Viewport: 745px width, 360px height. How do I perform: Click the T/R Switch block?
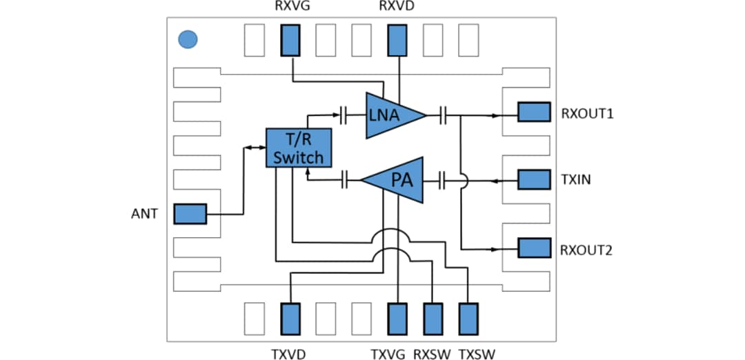pyautogui.click(x=298, y=148)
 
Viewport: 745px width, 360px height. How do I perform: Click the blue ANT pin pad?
pyautogui.click(x=190, y=214)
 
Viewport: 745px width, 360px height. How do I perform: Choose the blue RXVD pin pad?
pyautogui.click(x=397, y=40)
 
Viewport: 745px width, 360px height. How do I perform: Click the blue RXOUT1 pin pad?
pyautogui.click(x=533, y=112)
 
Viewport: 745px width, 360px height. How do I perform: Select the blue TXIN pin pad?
pyautogui.click(x=533, y=180)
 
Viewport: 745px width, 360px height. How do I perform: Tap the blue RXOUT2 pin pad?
pyautogui.click(x=533, y=248)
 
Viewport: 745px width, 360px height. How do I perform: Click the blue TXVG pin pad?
pyautogui.click(x=397, y=319)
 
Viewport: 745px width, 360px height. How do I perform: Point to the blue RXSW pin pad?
pyautogui.click(x=433, y=319)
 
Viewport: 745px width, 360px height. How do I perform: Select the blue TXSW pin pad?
pyautogui.click(x=468, y=319)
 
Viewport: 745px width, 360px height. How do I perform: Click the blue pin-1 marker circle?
pyautogui.click(x=188, y=39)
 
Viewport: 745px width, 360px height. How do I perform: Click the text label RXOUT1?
pyautogui.click(x=587, y=113)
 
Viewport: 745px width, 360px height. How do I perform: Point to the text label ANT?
pyautogui.click(x=145, y=214)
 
